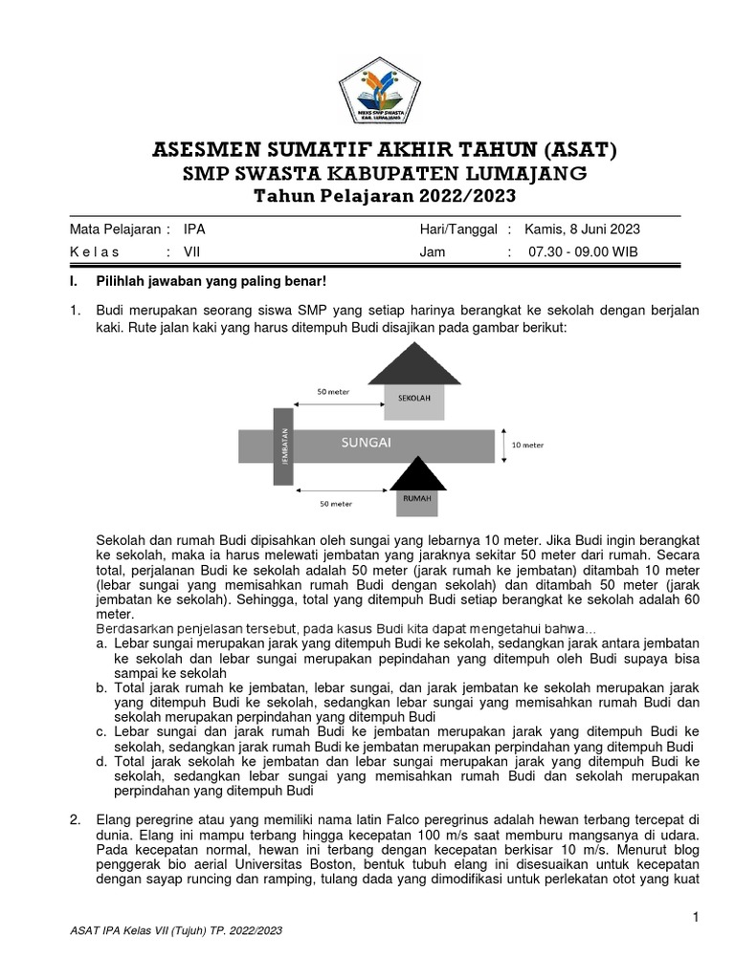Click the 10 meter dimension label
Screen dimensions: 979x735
click(526, 445)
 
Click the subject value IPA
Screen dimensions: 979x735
click(194, 230)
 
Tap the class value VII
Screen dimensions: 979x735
click(191, 252)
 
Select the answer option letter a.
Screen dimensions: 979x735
click(101, 644)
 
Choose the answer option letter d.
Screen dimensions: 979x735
click(101, 761)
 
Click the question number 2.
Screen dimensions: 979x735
click(75, 819)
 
